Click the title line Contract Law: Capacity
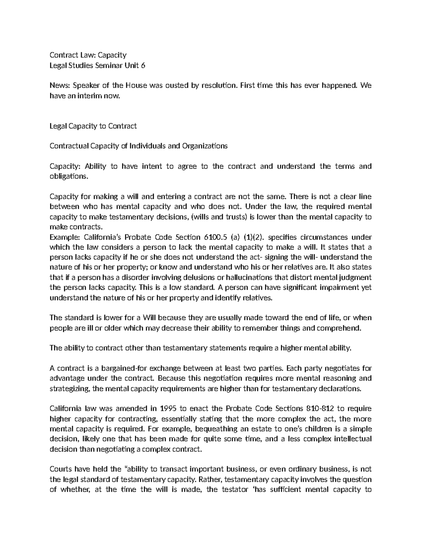pos(88,55)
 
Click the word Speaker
pos(85,85)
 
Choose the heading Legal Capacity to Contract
pos(93,126)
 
